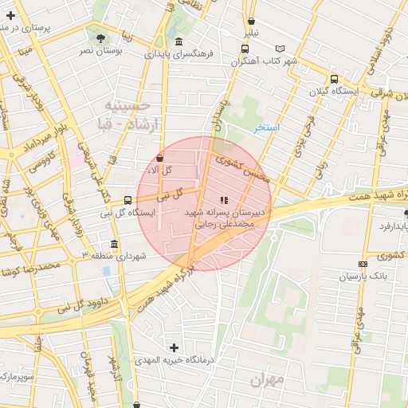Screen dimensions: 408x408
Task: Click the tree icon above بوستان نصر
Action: [x=100, y=37]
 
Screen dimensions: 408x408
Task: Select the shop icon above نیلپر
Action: [x=252, y=22]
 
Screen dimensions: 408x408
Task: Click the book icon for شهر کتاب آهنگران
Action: [x=279, y=49]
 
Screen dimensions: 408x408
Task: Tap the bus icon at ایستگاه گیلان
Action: [x=334, y=79]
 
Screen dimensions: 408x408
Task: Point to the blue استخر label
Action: [x=265, y=127]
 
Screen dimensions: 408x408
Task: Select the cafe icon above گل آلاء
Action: [x=160, y=158]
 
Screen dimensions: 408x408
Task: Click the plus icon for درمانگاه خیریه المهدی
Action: [x=174, y=347]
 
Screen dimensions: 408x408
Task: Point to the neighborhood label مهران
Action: [x=267, y=380]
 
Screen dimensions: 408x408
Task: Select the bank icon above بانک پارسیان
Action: [x=363, y=264]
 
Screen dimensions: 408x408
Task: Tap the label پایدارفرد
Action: [x=387, y=227]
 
